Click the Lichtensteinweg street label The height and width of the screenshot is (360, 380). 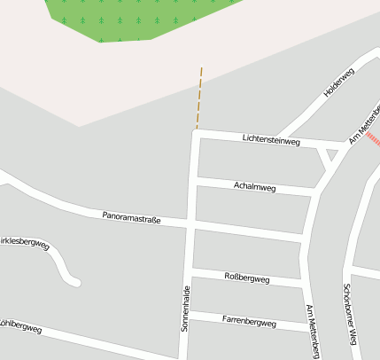[271, 140]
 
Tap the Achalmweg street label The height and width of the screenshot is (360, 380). [254, 187]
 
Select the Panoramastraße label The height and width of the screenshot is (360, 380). [131, 215]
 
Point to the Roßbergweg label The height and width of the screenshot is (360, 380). [247, 278]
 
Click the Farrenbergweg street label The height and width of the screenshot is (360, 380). [249, 322]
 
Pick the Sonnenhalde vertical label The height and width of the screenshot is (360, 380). [185, 309]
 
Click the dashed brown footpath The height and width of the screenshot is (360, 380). [199, 98]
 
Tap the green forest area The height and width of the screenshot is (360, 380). [133, 18]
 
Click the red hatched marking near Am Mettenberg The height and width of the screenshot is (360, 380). [373, 139]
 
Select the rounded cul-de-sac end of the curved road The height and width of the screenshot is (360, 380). [76, 282]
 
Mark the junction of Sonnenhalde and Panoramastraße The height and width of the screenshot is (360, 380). [190, 222]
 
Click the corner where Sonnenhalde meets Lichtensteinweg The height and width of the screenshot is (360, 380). [195, 133]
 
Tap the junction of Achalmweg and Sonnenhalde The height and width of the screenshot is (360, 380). [193, 180]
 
